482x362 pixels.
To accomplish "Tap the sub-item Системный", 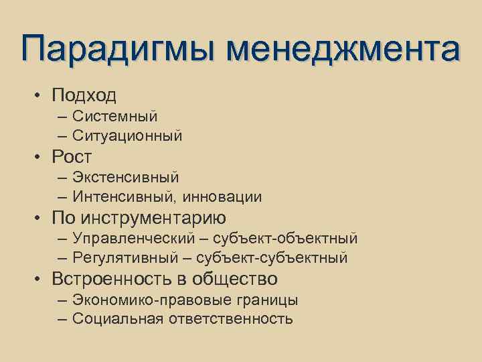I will [x=115, y=117].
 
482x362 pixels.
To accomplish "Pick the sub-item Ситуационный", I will [x=127, y=136].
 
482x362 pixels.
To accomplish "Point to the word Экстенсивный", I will [x=126, y=178].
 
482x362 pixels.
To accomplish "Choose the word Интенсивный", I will [x=118, y=197].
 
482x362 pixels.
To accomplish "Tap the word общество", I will [x=234, y=278].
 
